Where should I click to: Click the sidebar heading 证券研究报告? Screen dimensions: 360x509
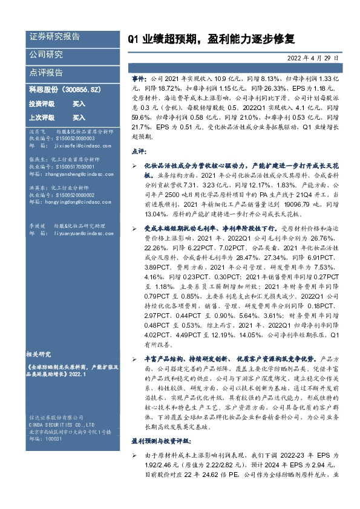coord(54,37)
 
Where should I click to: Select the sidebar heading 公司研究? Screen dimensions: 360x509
coord(46,54)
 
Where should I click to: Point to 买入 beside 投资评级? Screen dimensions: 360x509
coord(79,104)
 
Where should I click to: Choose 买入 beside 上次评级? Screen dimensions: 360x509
coord(79,117)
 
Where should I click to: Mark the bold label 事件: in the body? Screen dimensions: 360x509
coord(139,79)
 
